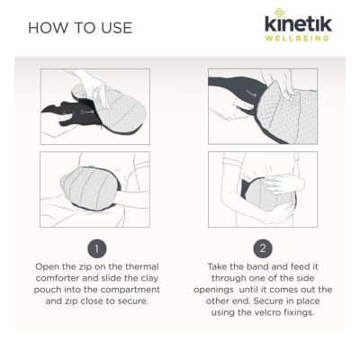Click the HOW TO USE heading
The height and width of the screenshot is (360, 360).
[x=80, y=28]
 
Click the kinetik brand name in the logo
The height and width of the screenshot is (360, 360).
[x=298, y=23]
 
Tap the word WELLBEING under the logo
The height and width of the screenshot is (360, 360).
[x=297, y=38]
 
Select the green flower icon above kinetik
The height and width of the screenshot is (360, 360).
[x=278, y=13]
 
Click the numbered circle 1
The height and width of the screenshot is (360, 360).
[x=96, y=248]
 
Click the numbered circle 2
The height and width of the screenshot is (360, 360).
[x=263, y=248]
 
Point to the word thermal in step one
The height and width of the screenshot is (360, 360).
[x=142, y=266]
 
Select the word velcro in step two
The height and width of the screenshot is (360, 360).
[x=266, y=312]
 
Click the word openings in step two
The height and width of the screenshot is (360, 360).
[x=213, y=290]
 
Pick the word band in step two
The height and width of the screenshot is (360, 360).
[x=257, y=266]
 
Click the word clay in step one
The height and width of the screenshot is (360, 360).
[x=149, y=278]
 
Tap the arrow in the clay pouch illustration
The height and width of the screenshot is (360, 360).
[x=89, y=112]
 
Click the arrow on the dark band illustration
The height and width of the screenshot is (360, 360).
[x=251, y=94]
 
